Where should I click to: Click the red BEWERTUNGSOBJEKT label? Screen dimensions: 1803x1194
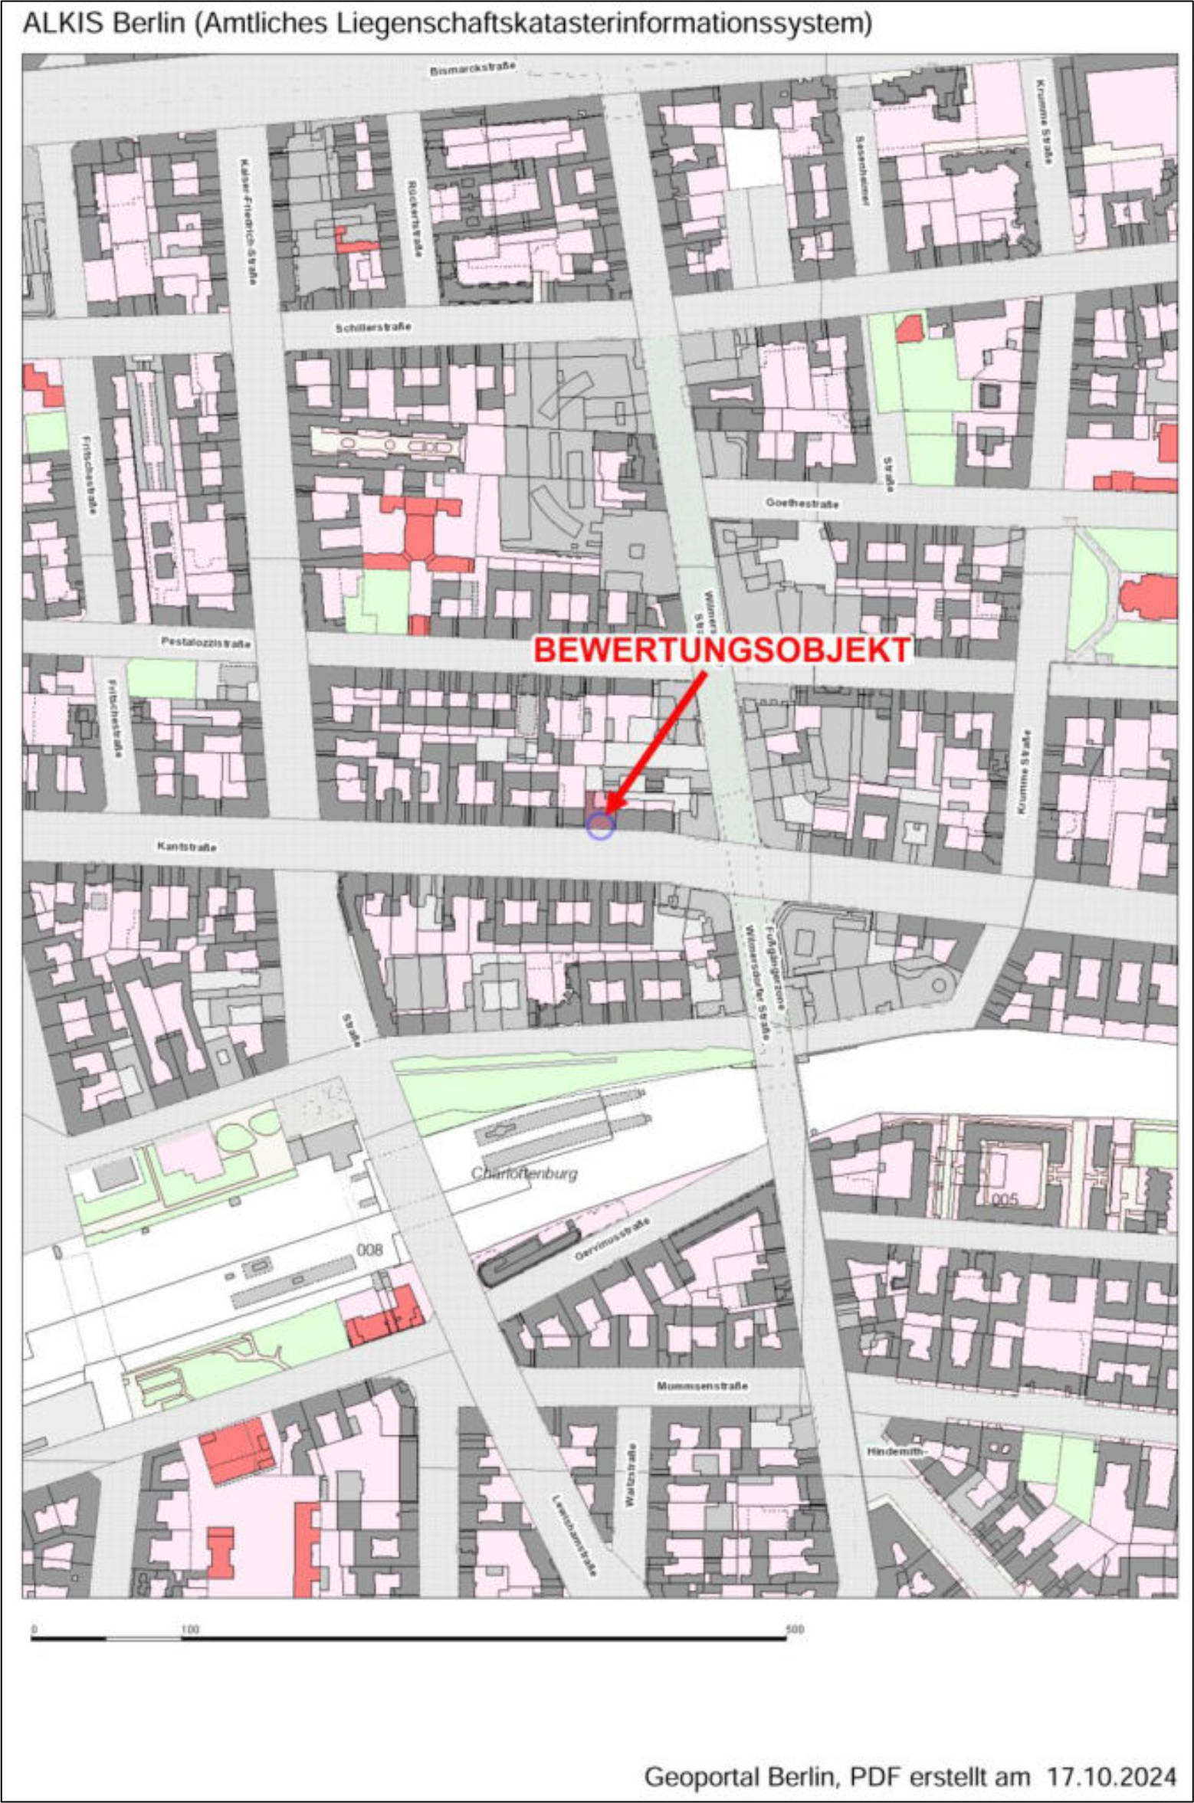pos(721,650)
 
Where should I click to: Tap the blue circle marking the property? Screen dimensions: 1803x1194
pos(600,826)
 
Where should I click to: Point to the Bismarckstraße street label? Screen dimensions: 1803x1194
pos(472,68)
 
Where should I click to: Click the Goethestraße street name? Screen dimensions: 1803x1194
pos(802,503)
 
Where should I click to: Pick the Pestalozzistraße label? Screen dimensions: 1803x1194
pos(205,642)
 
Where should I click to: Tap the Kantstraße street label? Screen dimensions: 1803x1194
pos(186,847)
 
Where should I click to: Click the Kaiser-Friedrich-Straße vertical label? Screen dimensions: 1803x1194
pos(247,222)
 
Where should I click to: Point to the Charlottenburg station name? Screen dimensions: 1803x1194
pos(524,1174)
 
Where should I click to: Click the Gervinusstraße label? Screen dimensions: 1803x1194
pos(612,1239)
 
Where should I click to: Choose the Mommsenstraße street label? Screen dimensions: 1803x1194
pos(702,1385)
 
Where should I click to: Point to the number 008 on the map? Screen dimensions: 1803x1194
pos(369,1250)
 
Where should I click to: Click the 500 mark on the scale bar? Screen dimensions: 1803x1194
pos(795,1629)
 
